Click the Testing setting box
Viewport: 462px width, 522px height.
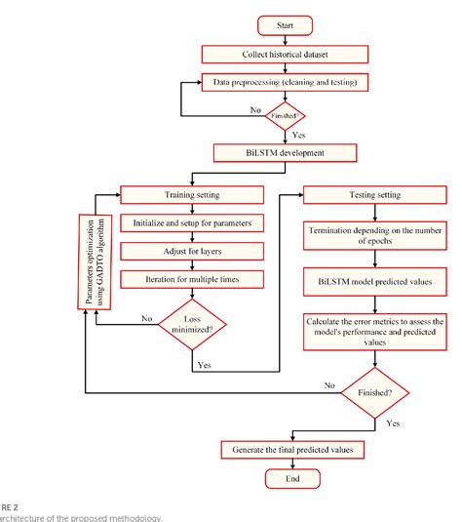tap(364, 195)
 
